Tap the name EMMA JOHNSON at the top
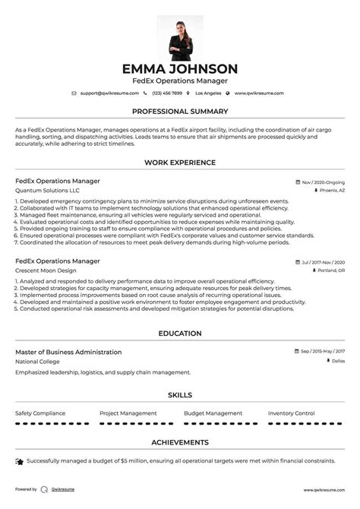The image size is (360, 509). [x=180, y=68]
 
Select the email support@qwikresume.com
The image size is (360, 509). [x=109, y=93]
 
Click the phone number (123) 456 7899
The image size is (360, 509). [x=166, y=93]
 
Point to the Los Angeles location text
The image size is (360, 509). [x=208, y=93]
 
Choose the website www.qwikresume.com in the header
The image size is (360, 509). [x=258, y=93]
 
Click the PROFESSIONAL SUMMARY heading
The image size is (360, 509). [x=180, y=111]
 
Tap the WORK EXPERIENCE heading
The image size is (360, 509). [x=180, y=163]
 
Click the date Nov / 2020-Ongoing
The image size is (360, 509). [x=323, y=182]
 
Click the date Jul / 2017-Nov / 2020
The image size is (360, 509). [x=323, y=262]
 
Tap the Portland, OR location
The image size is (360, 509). [x=330, y=270]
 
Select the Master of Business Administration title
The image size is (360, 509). [x=68, y=353]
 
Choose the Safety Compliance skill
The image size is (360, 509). [x=41, y=413]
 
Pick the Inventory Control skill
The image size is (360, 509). [x=291, y=413]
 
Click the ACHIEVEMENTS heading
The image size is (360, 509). [x=180, y=441]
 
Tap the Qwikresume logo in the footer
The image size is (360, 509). [x=45, y=490]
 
